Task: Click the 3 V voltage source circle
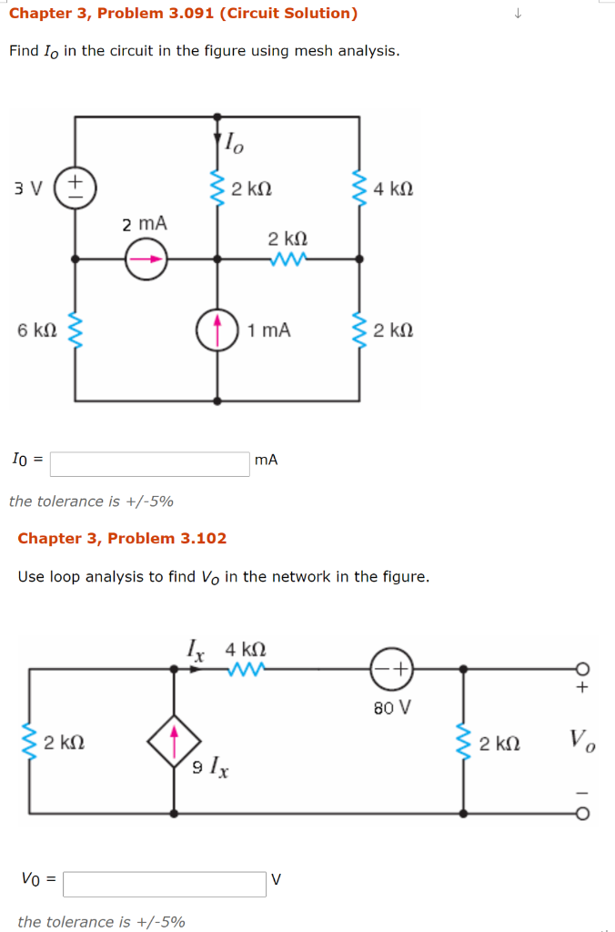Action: pos(75,188)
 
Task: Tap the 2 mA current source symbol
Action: pos(146,258)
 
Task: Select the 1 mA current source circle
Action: pos(217,329)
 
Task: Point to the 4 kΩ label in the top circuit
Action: pos(394,189)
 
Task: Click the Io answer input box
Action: pos(150,464)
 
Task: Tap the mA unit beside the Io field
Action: pos(267,461)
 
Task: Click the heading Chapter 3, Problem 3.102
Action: pos(122,538)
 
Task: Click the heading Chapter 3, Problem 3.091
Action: pos(183,13)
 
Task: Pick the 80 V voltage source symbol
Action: pos(392,670)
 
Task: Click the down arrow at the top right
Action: pos(518,13)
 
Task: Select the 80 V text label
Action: pos(393,706)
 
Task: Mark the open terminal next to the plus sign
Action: pos(581,669)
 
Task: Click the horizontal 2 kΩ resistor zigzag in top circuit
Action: pos(287,258)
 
